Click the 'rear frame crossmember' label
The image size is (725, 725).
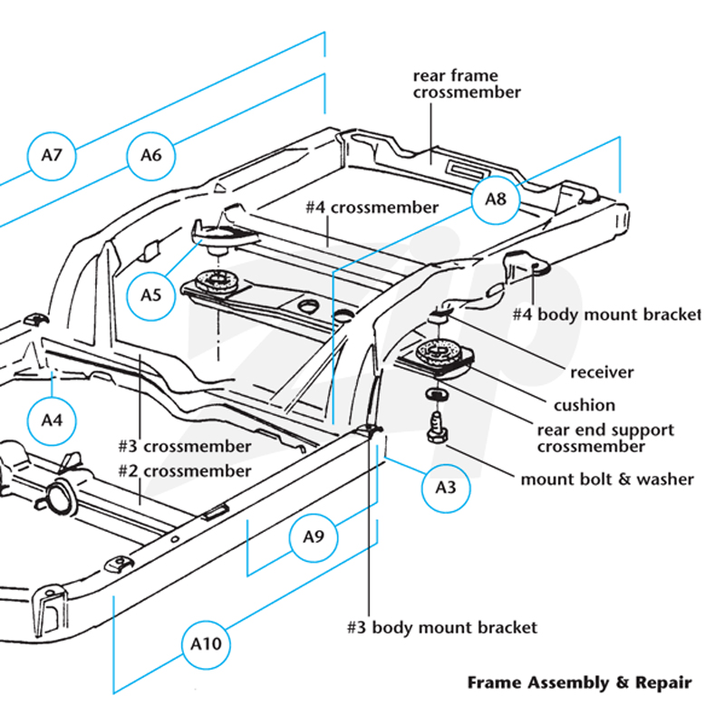pos(467,83)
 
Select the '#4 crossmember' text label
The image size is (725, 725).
pos(372,208)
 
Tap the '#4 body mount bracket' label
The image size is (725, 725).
pos(606,314)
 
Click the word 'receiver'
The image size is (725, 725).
pos(602,372)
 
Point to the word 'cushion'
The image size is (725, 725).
pos(585,405)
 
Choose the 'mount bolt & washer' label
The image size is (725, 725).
pos(607,479)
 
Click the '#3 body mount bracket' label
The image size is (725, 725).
pos(442,628)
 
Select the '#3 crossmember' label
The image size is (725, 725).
pos(185,447)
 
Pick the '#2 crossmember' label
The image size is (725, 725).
pos(185,471)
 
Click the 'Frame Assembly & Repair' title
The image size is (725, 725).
pos(580,683)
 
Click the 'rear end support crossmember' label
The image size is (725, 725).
pos(605,439)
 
